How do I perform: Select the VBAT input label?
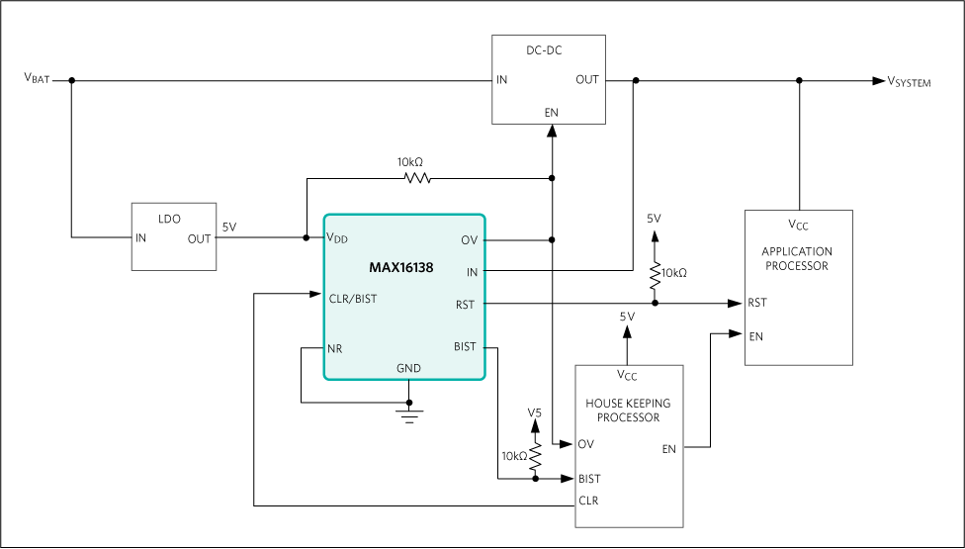point(37,79)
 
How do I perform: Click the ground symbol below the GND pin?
point(406,412)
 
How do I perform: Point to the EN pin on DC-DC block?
point(551,112)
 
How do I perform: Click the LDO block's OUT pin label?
point(199,237)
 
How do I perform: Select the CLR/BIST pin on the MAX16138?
point(352,297)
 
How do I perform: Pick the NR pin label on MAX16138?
point(335,348)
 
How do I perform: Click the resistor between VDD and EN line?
point(416,179)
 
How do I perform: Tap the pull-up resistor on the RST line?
point(654,275)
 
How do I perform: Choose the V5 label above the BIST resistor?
point(535,412)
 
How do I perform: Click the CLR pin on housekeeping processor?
point(588,501)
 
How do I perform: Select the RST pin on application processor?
point(757,304)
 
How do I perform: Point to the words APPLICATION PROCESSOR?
point(797,259)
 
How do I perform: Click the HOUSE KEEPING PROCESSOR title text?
point(628,411)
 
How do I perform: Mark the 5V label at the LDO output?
point(228,227)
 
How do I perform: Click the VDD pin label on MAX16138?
point(339,237)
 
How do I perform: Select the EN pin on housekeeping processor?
point(669,448)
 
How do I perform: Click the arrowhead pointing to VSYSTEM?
point(878,80)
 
